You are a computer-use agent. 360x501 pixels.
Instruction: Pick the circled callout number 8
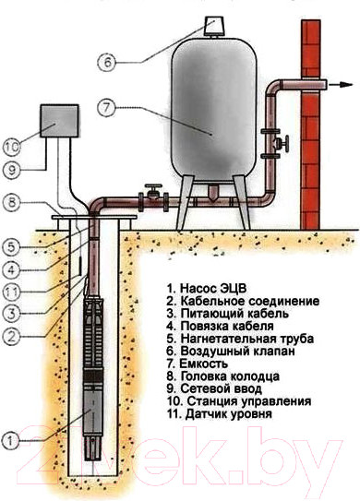(x=10, y=202)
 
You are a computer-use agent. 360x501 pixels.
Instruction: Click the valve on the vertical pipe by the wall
(x=288, y=146)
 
